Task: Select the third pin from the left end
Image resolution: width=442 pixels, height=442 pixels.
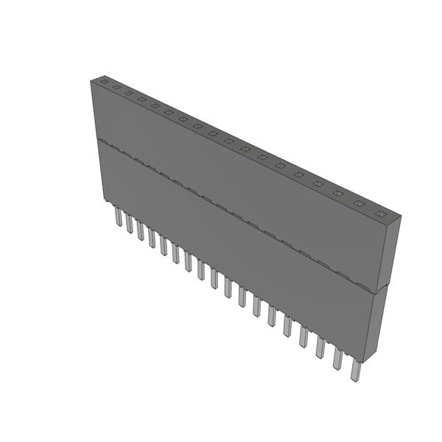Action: click(140, 230)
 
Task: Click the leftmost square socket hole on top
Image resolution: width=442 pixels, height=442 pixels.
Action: click(104, 80)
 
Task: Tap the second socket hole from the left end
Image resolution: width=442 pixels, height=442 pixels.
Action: click(116, 86)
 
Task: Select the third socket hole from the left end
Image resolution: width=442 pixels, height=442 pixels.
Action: click(128, 92)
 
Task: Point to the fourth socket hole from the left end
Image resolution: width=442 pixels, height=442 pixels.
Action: click(141, 99)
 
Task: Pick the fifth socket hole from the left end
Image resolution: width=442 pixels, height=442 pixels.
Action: click(155, 105)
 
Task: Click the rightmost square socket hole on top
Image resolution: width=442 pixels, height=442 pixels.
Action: click(380, 214)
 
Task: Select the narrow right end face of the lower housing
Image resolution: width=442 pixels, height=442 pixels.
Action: click(379, 324)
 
